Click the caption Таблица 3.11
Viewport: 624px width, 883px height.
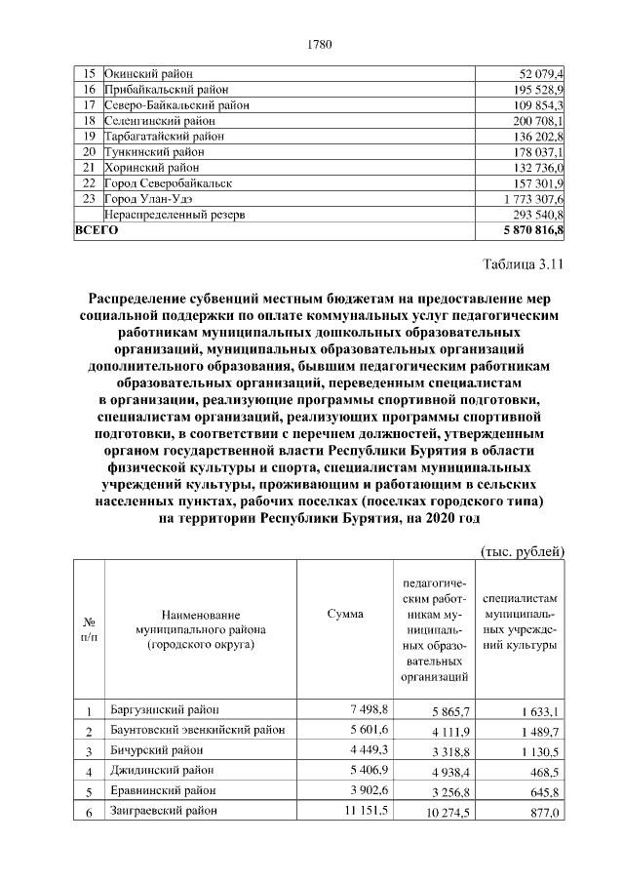pos(524,263)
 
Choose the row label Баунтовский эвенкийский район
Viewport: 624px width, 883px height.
pos(197,730)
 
